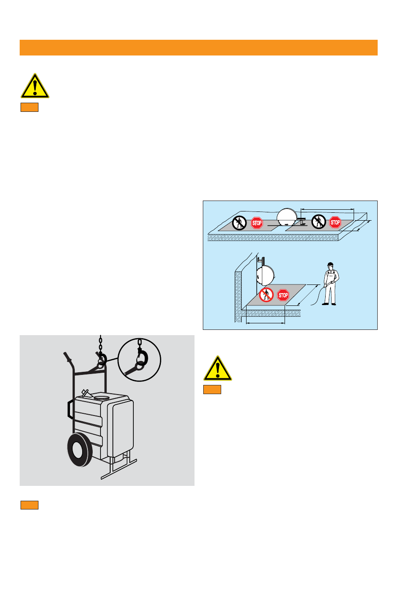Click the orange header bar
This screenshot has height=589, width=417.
(198, 48)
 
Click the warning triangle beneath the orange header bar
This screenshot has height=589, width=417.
(35, 86)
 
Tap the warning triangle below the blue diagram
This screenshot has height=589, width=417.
(218, 368)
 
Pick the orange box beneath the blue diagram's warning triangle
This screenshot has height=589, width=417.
(212, 389)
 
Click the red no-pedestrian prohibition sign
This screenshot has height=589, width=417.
(266, 295)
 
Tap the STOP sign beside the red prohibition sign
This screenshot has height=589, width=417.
(283, 295)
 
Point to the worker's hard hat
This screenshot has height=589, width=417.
(330, 264)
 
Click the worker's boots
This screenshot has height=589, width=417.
(329, 304)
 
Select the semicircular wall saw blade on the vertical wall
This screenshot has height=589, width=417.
(266, 275)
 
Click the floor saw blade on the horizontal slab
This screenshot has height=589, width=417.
(287, 217)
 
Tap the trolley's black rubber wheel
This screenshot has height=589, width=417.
(80, 450)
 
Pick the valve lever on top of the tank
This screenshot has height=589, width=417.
(85, 393)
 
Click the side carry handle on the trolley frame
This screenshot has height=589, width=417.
(70, 409)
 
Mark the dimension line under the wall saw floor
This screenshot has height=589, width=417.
(265, 323)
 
